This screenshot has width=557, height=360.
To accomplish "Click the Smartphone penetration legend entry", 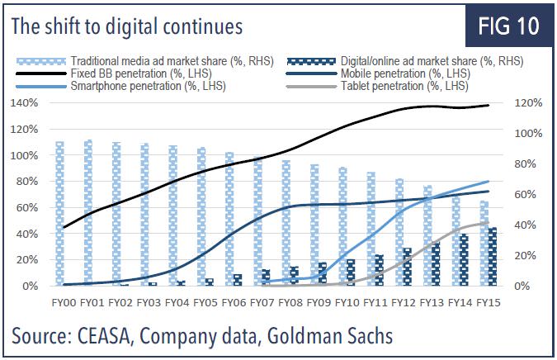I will pyautogui.click(x=136, y=85).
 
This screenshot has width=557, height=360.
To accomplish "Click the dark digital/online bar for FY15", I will pyautogui.click(x=493, y=257).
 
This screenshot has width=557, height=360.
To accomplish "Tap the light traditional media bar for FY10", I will pyautogui.click(x=343, y=227).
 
